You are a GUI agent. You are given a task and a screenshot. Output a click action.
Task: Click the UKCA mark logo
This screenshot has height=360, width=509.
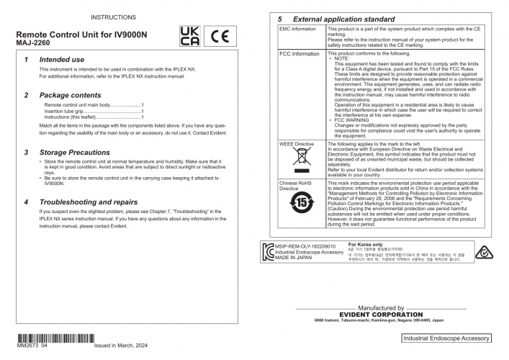point(189,37)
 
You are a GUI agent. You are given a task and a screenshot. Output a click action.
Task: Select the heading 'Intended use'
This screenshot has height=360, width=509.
point(61,60)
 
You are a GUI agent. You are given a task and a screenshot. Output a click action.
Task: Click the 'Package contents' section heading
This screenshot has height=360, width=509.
point(70,95)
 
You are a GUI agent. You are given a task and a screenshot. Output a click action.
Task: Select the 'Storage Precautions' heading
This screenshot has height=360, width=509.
point(76,153)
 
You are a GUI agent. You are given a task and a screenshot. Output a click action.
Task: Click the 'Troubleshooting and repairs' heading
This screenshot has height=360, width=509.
point(91,202)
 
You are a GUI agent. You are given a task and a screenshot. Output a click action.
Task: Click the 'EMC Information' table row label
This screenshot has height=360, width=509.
point(298,30)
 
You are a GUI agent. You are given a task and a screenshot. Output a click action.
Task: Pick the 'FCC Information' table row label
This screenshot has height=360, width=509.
point(299,54)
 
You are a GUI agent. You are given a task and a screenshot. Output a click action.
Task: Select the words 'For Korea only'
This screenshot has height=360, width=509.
point(366,244)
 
